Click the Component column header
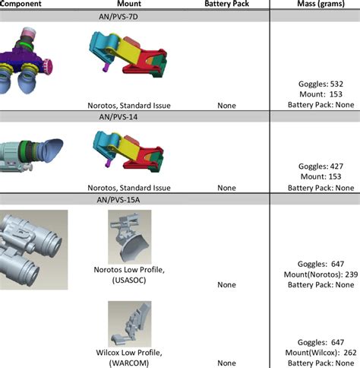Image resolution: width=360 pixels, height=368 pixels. click(x=22, y=4)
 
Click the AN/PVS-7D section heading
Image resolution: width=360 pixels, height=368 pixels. click(x=134, y=15)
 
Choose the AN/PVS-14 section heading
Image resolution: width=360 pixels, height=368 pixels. click(x=134, y=116)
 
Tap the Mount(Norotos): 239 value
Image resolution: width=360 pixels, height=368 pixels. click(x=317, y=274)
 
